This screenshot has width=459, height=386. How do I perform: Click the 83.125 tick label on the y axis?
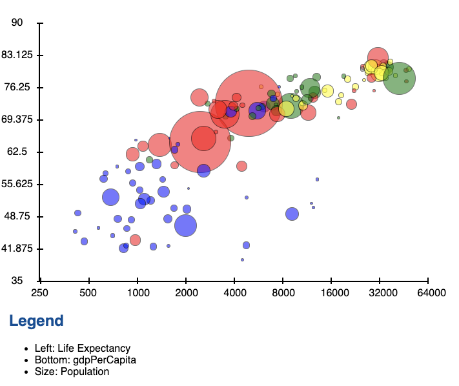19,55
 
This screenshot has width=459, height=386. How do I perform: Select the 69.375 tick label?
19,119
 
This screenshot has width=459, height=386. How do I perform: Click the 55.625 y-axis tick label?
19,184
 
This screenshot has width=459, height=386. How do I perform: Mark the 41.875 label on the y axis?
19,249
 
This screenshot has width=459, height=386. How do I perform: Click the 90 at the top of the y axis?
17,23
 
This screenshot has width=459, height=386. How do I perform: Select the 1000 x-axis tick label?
138,292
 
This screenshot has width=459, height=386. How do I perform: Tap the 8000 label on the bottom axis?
283,292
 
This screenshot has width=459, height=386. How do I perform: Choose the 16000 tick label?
332,292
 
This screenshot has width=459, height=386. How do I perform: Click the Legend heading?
36,321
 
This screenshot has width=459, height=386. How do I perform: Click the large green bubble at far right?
399,78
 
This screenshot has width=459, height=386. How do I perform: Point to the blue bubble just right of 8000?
292,214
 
